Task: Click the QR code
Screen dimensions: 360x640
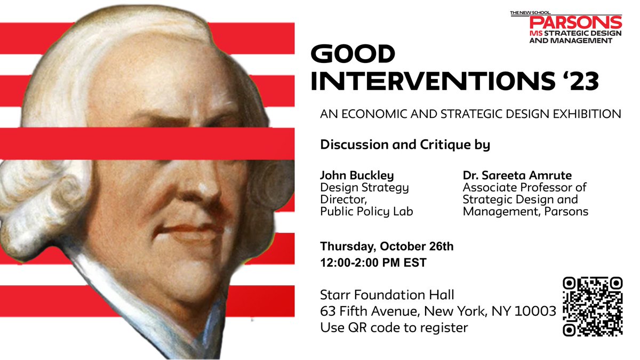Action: pyautogui.click(x=593, y=306)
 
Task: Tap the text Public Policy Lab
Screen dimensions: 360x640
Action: pyautogui.click(x=366, y=212)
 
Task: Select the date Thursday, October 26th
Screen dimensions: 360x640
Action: pyautogui.click(x=387, y=246)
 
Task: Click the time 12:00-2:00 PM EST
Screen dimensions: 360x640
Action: pyautogui.click(x=373, y=263)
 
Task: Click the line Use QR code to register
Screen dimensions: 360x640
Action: pyautogui.click(x=394, y=327)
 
